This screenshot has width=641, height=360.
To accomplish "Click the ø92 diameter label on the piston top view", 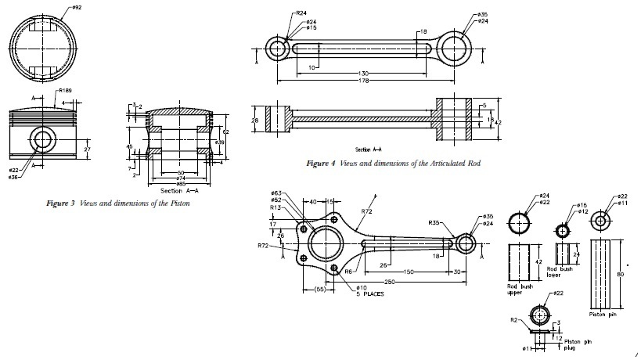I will (x=77, y=8).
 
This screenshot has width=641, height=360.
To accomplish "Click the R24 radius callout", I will (x=301, y=13).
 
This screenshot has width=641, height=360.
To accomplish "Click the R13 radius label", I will (x=276, y=208).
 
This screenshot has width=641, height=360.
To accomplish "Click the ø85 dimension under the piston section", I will (x=181, y=184).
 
